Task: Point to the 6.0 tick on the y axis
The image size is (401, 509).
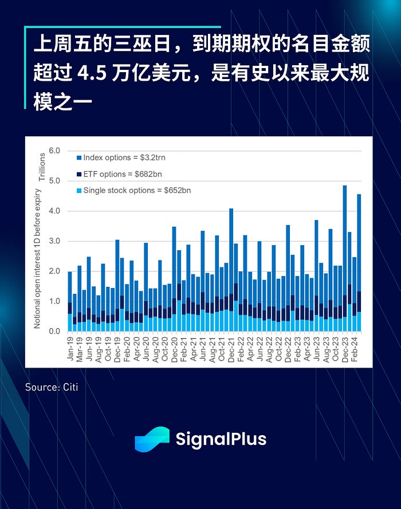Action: [x=55, y=151]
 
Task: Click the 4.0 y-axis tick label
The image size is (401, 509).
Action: [x=55, y=211]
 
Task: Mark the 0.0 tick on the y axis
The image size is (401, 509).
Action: [x=55, y=332]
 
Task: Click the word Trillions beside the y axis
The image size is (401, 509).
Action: [x=42, y=167]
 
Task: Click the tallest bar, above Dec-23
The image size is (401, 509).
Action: [x=345, y=258]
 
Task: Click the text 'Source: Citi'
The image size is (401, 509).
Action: [x=52, y=388]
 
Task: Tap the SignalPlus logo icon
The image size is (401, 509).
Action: [x=152, y=440]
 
